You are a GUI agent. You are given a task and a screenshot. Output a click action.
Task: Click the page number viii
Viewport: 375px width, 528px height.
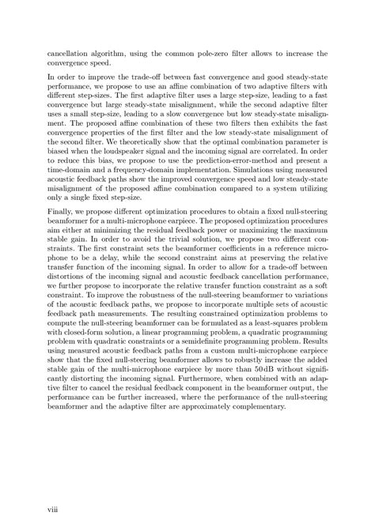[54, 499]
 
